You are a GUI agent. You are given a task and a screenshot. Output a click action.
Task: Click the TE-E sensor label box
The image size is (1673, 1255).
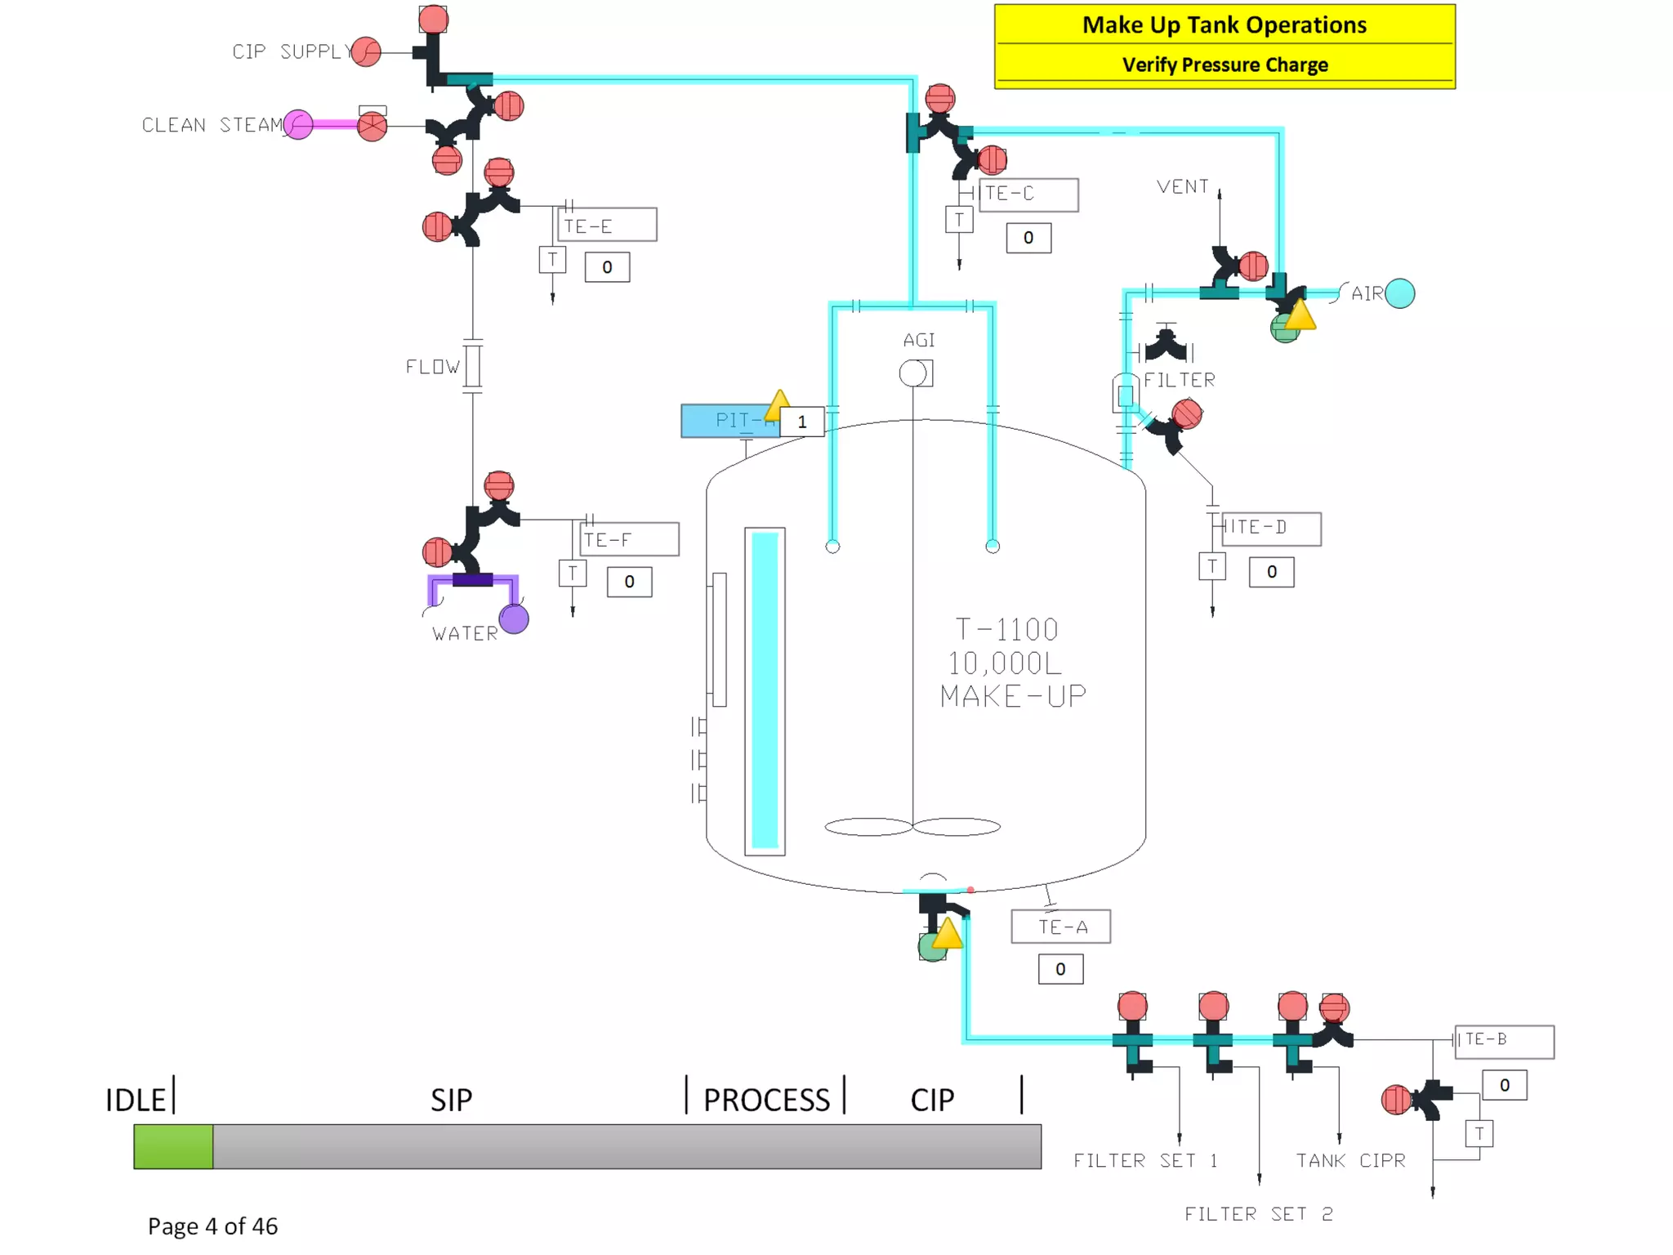pos(607,225)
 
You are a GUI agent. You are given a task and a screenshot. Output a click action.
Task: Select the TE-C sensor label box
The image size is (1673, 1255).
pos(1028,194)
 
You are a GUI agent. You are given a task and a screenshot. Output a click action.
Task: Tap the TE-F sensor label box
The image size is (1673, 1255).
pos(629,539)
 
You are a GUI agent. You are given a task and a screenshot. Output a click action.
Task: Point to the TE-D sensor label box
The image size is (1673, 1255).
pos(1271,528)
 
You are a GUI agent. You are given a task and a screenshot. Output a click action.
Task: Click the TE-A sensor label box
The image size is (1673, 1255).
pos(1060,927)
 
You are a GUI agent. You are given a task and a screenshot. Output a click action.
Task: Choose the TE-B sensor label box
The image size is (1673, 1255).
pos(1504,1041)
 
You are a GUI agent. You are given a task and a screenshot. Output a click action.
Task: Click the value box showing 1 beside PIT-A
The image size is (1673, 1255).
pos(802,422)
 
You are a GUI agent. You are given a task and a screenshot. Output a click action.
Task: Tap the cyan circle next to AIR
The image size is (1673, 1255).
pos(1400,293)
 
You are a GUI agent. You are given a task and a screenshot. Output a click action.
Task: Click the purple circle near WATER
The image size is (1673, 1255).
pos(514,619)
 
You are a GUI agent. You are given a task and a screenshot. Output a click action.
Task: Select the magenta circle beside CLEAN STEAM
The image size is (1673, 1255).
pos(298,125)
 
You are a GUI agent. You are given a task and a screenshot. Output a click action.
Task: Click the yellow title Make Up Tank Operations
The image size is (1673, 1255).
pos(1224,25)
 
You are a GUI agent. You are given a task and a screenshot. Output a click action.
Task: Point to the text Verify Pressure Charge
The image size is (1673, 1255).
pos(1224,65)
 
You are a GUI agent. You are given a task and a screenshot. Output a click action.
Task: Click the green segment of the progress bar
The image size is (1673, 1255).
pos(173,1146)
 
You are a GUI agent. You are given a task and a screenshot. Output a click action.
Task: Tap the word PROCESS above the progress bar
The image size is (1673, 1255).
pos(766,1100)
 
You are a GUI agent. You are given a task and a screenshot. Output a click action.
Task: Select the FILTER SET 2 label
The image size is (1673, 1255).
pos(1258,1214)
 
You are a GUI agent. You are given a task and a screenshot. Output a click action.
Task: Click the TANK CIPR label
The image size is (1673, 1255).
pos(1350,1160)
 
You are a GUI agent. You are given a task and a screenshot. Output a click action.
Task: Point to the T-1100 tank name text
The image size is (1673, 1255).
pos(1006,630)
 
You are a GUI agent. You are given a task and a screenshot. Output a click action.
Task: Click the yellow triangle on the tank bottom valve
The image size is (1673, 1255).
pos(948,934)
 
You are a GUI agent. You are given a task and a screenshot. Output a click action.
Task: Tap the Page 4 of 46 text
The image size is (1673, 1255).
pos(212,1226)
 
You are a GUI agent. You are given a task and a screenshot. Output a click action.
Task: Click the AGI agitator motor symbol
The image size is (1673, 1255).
pos(913,373)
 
